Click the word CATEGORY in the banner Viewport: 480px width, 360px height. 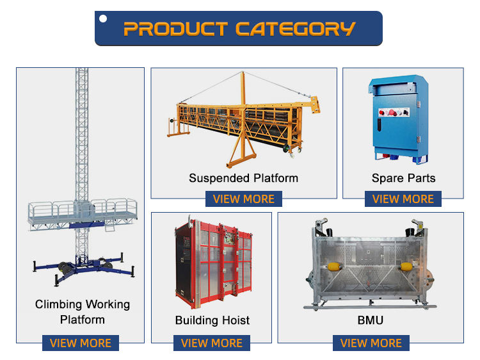pos(295,29)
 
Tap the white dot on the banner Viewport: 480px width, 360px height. pos(104,19)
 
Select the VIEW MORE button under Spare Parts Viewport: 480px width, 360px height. pos(403,199)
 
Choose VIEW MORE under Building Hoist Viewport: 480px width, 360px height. pos(212,343)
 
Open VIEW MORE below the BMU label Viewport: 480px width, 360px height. pos(371,343)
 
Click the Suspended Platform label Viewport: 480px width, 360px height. pos(243,177)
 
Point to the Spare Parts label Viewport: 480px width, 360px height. pos(403,177)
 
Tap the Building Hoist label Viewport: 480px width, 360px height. pos(212,320)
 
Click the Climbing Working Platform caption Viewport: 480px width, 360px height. pos(82,311)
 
